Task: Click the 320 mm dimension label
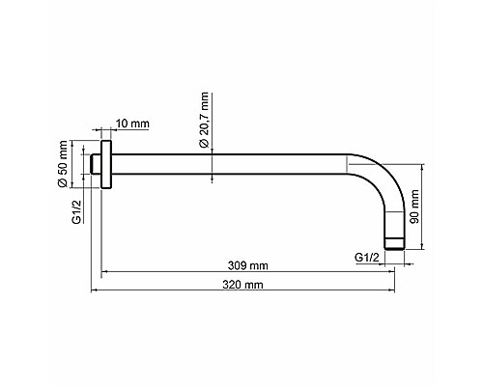(x=241, y=285)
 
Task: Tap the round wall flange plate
(x=106, y=167)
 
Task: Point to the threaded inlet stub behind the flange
(x=96, y=167)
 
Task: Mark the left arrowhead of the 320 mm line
(x=95, y=290)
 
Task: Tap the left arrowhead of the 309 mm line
(x=104, y=272)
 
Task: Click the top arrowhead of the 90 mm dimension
(x=421, y=165)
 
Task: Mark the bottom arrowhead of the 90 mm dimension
(x=421, y=250)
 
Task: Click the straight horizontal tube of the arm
(x=232, y=167)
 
